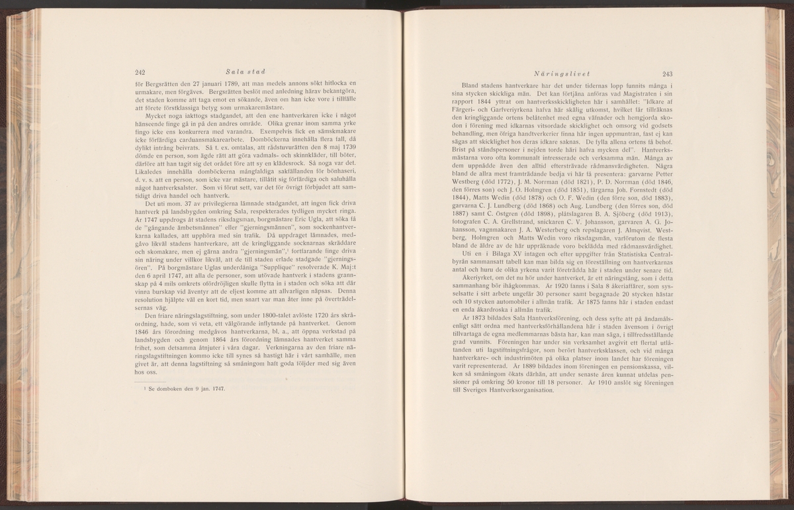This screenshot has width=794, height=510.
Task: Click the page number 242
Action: (140, 73)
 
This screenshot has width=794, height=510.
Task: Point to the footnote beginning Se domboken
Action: (189, 388)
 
